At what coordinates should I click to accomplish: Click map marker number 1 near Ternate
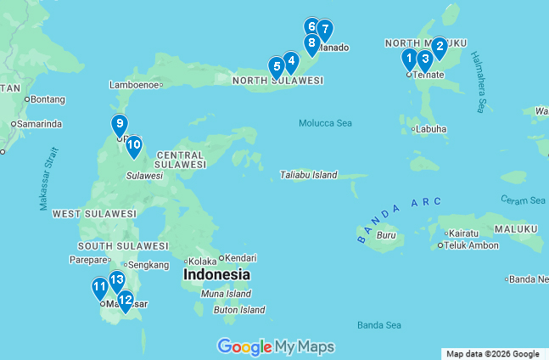tap(409, 59)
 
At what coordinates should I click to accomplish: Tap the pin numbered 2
tap(439, 47)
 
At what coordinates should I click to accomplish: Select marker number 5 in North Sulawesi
tap(276, 66)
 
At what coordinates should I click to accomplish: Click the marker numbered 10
tap(133, 145)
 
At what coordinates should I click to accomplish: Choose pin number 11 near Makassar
tap(100, 287)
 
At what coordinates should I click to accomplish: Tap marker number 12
tap(125, 300)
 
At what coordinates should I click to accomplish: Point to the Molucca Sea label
tap(325, 123)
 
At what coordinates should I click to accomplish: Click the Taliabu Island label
tap(308, 175)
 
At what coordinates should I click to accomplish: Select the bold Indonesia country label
tap(216, 275)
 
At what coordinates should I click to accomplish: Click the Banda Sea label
tap(378, 324)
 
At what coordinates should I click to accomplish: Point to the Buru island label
tap(385, 235)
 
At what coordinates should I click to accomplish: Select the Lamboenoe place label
tap(135, 85)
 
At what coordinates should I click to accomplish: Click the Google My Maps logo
tap(276, 346)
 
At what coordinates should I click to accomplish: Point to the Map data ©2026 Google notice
tap(493, 354)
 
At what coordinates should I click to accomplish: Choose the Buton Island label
tap(238, 310)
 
